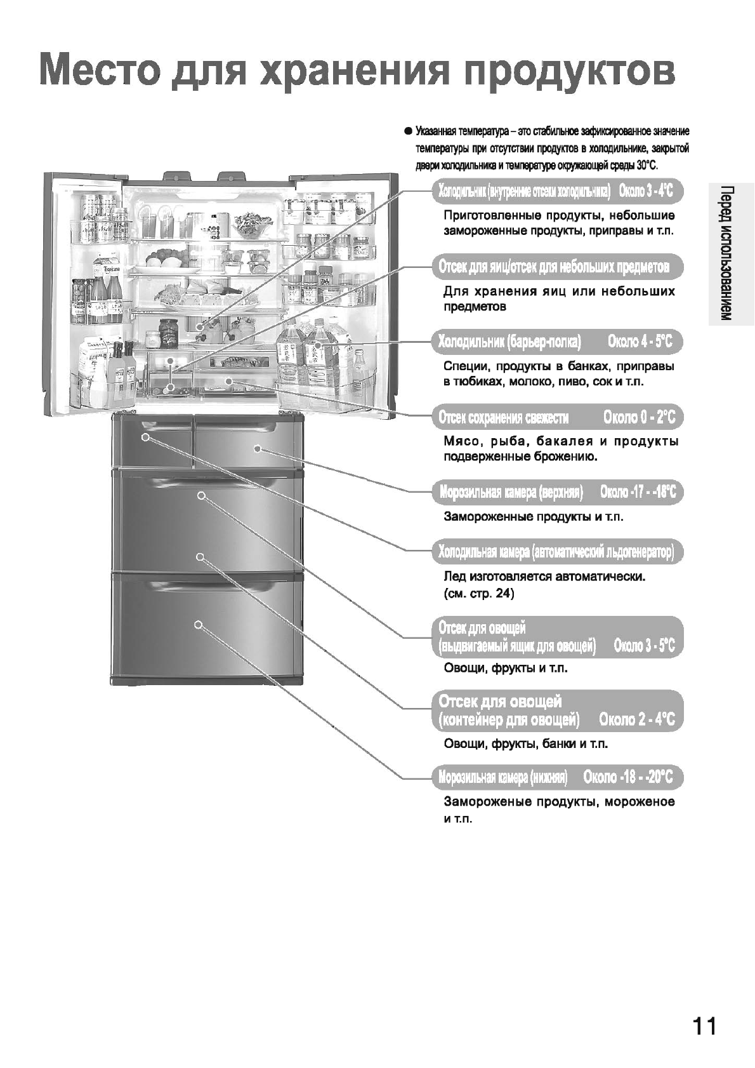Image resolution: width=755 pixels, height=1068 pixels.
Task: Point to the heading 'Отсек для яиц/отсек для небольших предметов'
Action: (x=553, y=267)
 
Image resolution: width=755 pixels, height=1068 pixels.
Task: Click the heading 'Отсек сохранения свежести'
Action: (x=504, y=417)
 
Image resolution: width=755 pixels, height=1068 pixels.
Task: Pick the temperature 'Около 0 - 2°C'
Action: (x=640, y=417)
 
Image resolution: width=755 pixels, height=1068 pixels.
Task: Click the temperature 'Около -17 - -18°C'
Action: (x=638, y=492)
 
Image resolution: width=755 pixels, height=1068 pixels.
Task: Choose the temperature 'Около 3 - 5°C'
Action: (x=644, y=646)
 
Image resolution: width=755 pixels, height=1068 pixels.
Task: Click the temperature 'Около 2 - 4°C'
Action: (x=637, y=720)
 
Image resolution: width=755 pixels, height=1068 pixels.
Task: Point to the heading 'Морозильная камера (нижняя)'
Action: (x=502, y=777)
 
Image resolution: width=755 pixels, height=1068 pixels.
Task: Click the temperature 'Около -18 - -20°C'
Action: (x=628, y=777)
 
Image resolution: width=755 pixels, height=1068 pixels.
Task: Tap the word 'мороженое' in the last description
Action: (x=640, y=802)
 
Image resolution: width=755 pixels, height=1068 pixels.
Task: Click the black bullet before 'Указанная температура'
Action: (x=408, y=131)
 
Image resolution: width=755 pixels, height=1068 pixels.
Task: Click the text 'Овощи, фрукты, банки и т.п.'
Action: (x=525, y=744)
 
